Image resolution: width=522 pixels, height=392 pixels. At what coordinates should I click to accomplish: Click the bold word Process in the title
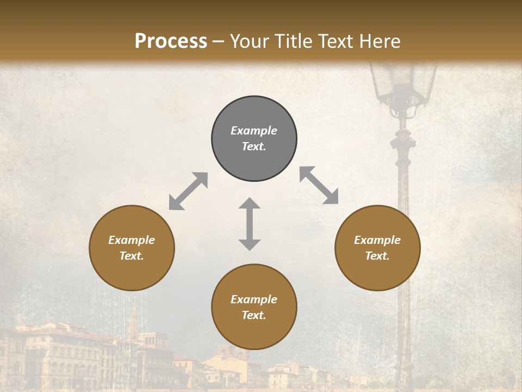(x=171, y=41)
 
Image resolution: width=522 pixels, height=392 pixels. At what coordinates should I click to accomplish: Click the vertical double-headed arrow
(x=250, y=224)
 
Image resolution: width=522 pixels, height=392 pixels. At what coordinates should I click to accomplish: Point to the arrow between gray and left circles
(x=188, y=191)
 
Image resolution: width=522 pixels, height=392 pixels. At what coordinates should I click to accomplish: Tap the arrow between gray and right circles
(x=319, y=185)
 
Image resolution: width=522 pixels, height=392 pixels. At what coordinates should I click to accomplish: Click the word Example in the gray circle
(x=254, y=131)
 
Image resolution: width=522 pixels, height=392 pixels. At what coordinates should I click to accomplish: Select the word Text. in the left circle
(x=132, y=256)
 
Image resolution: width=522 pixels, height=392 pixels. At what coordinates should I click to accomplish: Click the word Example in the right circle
(x=377, y=240)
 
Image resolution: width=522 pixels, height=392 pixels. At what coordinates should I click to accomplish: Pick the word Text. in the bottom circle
(x=254, y=315)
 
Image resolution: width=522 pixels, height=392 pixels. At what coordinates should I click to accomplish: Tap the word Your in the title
(x=247, y=41)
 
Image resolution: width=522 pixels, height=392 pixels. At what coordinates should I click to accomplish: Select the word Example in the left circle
(x=132, y=240)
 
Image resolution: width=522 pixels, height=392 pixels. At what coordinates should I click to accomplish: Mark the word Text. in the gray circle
(x=254, y=146)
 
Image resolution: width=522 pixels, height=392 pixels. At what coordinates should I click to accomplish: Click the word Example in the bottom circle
(x=254, y=299)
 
